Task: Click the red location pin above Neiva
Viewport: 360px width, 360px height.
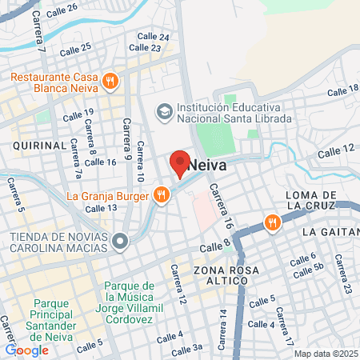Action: pos(180,163)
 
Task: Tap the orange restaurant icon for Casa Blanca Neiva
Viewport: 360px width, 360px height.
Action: pos(110,80)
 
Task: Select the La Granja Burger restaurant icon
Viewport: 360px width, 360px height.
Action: pos(162,195)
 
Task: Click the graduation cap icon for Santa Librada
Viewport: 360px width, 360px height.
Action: pos(165,110)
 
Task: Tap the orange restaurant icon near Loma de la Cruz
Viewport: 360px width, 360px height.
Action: pos(273,222)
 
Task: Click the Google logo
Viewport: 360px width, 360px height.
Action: pos(26,350)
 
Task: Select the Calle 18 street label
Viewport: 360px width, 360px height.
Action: pos(343,88)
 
